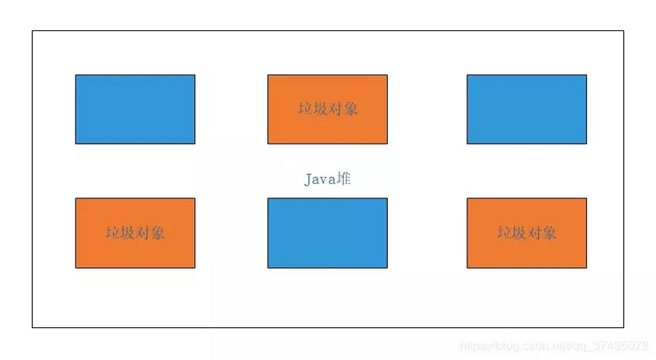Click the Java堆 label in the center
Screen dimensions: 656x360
click(x=328, y=179)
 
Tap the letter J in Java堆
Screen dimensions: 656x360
click(x=309, y=179)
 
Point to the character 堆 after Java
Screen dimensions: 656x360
click(x=344, y=179)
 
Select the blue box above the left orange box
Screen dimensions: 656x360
click(x=135, y=109)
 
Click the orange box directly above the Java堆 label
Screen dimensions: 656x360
click(x=327, y=109)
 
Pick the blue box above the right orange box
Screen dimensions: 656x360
click(x=526, y=109)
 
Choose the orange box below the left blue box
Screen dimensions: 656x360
click(x=135, y=233)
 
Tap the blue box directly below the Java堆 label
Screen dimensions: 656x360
click(x=327, y=233)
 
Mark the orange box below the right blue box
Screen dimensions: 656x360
click(x=526, y=233)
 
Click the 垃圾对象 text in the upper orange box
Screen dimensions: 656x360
click(x=327, y=108)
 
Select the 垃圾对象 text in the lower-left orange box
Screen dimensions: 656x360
click(x=135, y=232)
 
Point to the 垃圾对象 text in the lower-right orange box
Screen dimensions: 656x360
click(x=526, y=232)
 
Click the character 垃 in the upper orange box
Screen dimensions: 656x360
click(x=305, y=108)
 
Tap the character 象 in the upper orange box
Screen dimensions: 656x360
click(x=350, y=108)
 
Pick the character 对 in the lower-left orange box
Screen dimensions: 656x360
click(x=143, y=232)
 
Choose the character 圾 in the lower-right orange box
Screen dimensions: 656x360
click(x=519, y=232)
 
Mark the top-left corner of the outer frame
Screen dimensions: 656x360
click(x=33, y=31)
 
